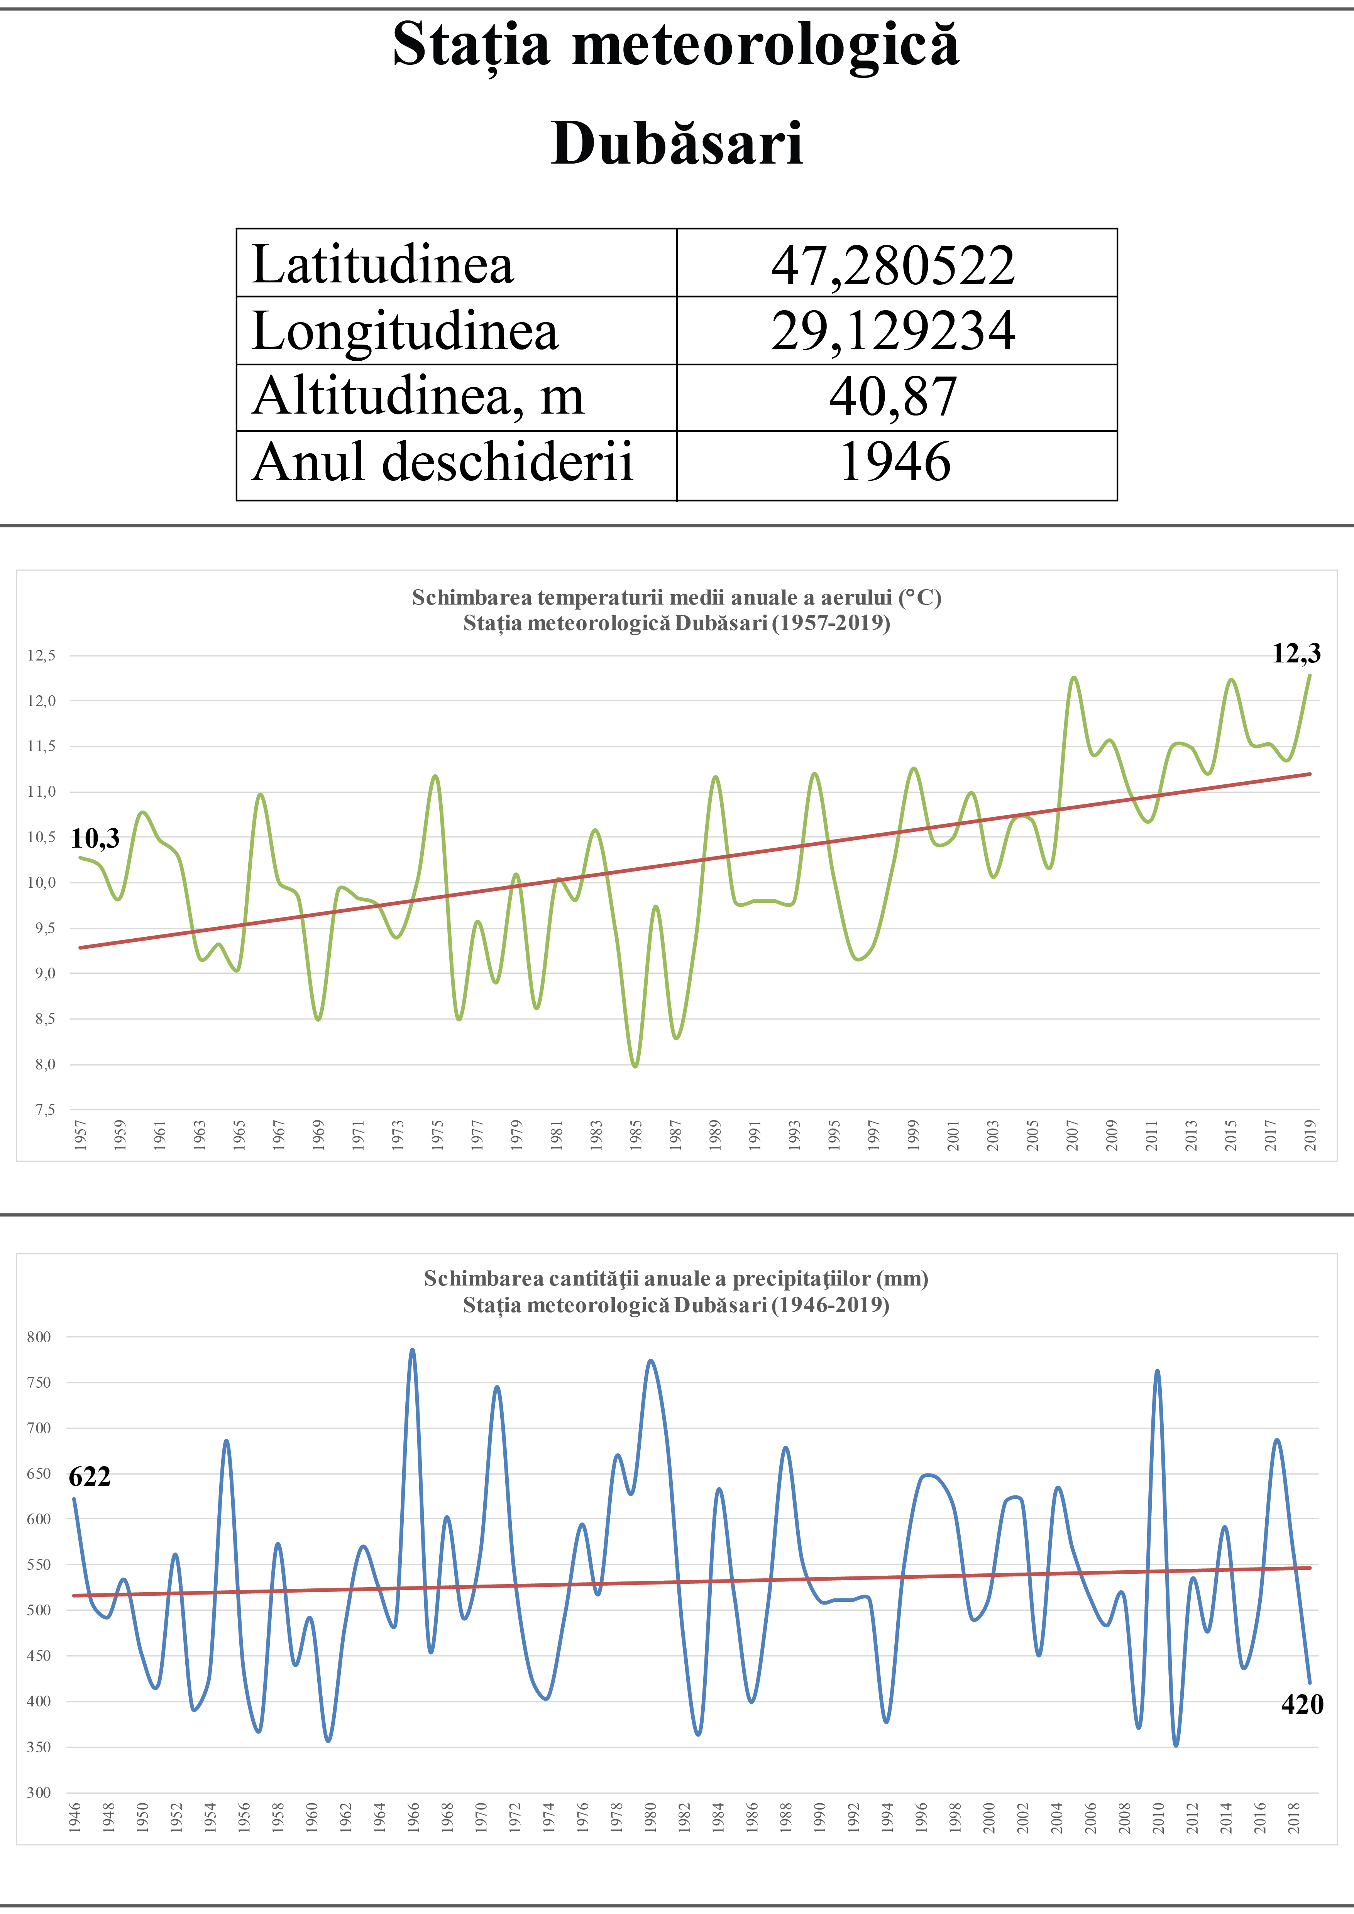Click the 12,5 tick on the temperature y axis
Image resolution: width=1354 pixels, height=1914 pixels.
click(41, 655)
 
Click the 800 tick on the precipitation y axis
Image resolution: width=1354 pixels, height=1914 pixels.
click(38, 1337)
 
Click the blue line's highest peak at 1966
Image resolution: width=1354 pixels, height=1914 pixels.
click(412, 1350)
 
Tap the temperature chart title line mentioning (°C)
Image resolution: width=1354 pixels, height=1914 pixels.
click(676, 598)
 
